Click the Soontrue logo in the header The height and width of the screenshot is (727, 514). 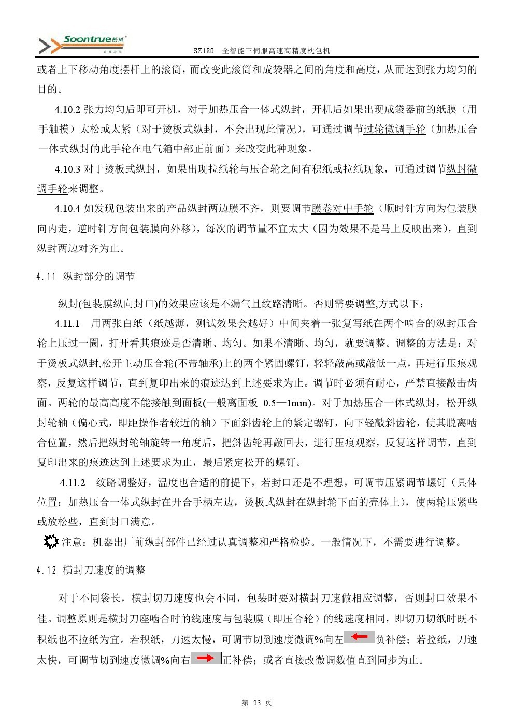[x=83, y=45]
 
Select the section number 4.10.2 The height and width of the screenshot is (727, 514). [x=67, y=109]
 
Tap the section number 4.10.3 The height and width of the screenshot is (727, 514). [x=67, y=169]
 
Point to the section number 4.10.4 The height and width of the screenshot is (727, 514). [x=67, y=208]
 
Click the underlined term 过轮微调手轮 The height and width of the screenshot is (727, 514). [x=394, y=129]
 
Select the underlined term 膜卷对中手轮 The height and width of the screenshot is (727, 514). [x=342, y=208]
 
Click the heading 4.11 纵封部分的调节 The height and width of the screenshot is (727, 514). [x=86, y=276]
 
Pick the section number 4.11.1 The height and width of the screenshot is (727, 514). [x=67, y=323]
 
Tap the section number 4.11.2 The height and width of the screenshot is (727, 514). [x=73, y=482]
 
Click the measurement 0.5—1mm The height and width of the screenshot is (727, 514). [x=287, y=403]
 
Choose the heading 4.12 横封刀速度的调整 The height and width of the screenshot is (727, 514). [x=91, y=570]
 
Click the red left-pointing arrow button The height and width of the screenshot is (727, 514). [x=360, y=637]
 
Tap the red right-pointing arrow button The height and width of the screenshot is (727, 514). [x=206, y=658]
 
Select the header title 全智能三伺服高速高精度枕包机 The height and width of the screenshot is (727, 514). [x=276, y=51]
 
